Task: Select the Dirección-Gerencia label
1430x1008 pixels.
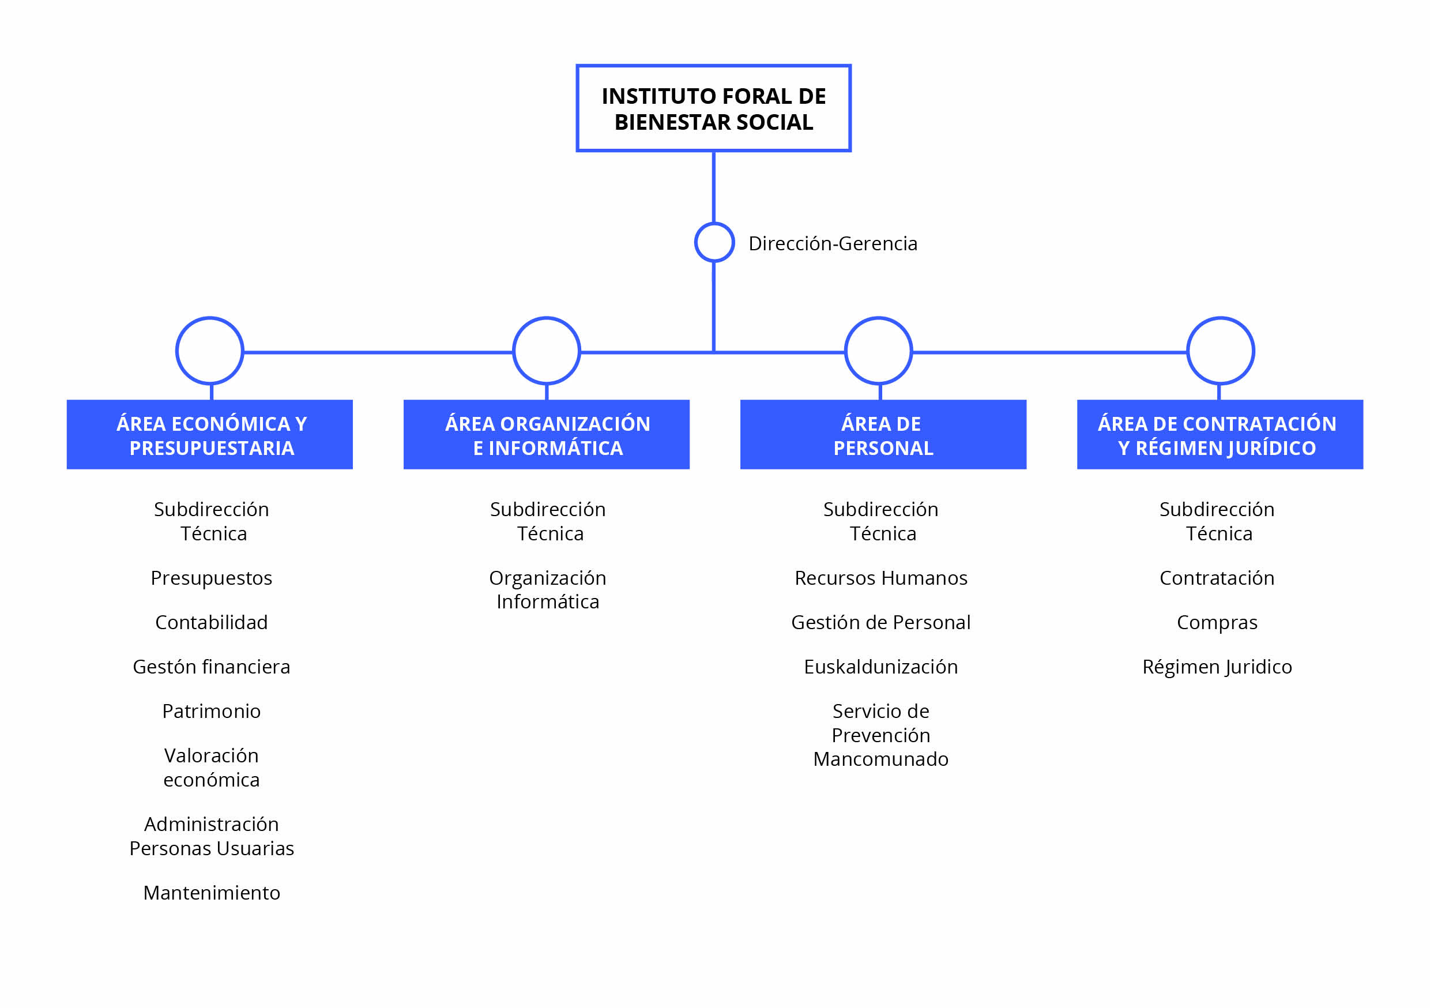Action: (x=833, y=243)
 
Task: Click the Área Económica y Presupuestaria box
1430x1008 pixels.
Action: (x=210, y=434)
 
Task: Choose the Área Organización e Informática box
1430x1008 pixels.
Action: (x=546, y=434)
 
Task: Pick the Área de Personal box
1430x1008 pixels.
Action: (x=883, y=434)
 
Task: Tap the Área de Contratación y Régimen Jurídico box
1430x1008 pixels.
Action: (x=1220, y=434)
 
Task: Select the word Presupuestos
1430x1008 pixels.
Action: (x=211, y=578)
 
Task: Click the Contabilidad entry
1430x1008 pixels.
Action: (x=211, y=622)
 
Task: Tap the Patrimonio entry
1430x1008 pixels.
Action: (x=211, y=711)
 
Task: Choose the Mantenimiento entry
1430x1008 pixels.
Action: (x=212, y=893)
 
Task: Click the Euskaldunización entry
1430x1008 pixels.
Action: (x=880, y=667)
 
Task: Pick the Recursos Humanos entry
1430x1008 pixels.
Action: (x=880, y=578)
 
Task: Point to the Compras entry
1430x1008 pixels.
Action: (x=1217, y=623)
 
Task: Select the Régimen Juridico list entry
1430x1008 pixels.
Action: (x=1217, y=667)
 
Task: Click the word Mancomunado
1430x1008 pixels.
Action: (x=880, y=759)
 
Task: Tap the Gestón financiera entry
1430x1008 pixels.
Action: (x=211, y=667)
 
